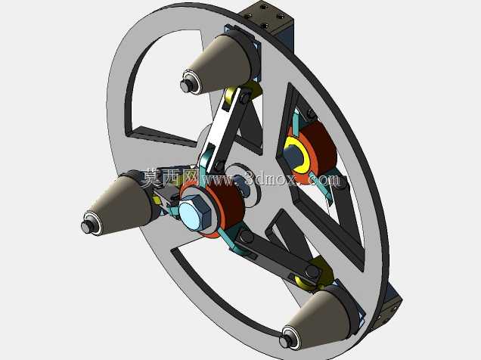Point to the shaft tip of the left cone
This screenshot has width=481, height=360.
86,227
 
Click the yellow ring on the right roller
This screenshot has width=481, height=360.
296,154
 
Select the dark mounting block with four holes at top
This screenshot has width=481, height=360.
266,18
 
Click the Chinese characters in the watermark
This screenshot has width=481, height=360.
169,178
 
